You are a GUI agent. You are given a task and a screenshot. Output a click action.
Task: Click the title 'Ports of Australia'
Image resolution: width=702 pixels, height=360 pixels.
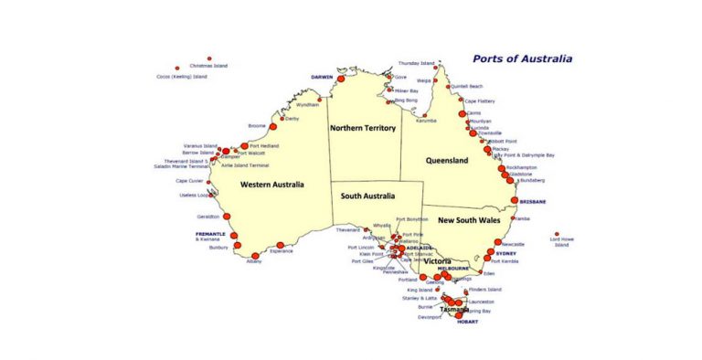tap(522, 58)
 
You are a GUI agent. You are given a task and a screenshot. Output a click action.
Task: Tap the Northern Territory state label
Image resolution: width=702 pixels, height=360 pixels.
tap(363, 128)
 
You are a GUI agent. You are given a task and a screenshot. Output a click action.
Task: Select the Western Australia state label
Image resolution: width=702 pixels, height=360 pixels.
tap(272, 185)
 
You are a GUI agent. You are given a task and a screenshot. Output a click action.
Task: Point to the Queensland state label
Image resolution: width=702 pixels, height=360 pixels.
tap(447, 161)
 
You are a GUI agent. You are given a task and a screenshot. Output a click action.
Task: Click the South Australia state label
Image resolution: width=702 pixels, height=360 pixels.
tap(367, 196)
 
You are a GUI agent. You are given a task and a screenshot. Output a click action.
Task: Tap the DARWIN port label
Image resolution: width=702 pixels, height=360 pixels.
tap(322, 78)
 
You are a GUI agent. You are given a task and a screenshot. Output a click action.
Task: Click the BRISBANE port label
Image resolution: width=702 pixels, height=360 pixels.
tap(533, 201)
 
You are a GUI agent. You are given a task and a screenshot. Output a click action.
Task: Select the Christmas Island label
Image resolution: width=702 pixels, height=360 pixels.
tap(208, 66)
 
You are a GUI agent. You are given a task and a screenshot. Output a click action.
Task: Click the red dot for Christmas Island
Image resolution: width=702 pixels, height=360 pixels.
tap(209, 58)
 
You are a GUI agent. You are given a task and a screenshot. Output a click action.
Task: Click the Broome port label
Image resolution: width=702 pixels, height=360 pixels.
tap(257, 125)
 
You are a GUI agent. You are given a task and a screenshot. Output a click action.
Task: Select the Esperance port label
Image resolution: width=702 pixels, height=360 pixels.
tap(282, 251)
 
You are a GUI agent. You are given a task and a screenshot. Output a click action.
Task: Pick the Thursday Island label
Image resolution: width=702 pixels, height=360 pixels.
tap(416, 63)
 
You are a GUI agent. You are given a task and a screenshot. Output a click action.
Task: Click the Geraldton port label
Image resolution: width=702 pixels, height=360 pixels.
tap(207, 217)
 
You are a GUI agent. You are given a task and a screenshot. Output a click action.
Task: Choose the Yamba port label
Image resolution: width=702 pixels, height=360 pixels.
tap(523, 219)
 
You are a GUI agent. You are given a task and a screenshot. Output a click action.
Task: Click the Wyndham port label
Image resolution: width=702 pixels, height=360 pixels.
tap(308, 105)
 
